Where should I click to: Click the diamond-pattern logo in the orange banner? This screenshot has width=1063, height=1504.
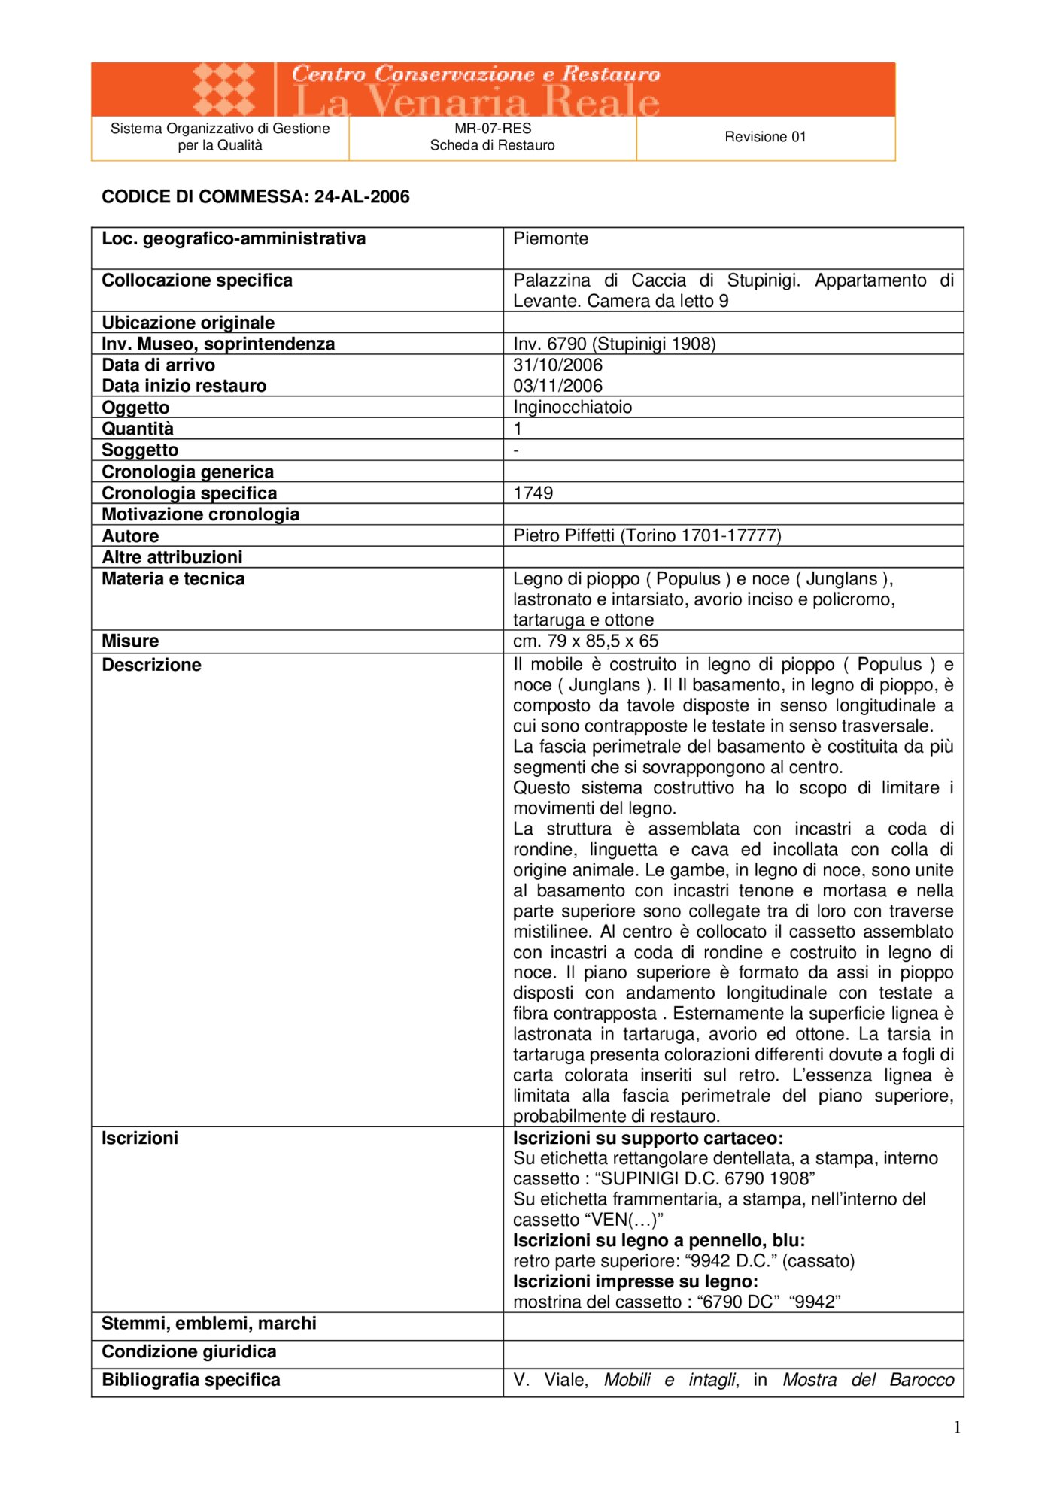tap(223, 89)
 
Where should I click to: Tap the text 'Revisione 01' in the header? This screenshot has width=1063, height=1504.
tap(765, 137)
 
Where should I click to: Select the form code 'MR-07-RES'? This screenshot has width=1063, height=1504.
tap(493, 129)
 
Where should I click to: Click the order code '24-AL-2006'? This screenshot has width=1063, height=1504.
tap(362, 197)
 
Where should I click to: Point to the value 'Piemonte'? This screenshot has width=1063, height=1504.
tap(551, 239)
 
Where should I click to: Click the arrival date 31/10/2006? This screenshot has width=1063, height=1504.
tap(557, 365)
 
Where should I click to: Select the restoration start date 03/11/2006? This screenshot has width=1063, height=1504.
tap(557, 386)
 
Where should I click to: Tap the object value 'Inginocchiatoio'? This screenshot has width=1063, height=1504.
tap(573, 408)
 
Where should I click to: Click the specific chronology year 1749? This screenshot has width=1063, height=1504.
tap(533, 493)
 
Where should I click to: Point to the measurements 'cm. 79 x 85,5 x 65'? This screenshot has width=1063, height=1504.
tap(585, 641)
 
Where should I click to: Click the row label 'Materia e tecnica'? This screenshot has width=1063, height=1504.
tap(173, 579)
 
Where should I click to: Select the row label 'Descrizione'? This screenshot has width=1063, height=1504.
tap(151, 665)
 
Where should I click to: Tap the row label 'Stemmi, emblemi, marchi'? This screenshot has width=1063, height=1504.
tap(208, 1324)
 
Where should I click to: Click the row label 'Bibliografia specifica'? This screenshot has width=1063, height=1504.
tap(190, 1380)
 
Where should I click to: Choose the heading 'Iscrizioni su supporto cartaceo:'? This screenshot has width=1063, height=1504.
tap(648, 1139)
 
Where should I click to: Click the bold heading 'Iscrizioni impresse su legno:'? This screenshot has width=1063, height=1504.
tap(635, 1281)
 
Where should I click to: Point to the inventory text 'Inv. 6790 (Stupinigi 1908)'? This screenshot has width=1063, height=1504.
tap(614, 344)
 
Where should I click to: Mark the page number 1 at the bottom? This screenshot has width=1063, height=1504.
tap(957, 1427)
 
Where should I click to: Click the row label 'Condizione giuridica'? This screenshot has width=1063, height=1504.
tap(189, 1352)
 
